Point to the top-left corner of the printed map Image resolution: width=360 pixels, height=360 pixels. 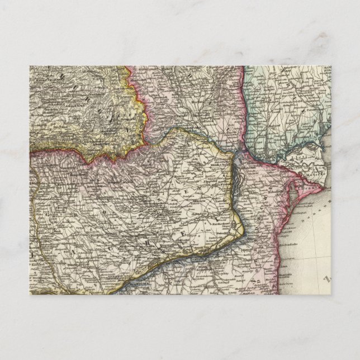30,66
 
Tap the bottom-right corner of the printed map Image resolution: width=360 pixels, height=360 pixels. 330,295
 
